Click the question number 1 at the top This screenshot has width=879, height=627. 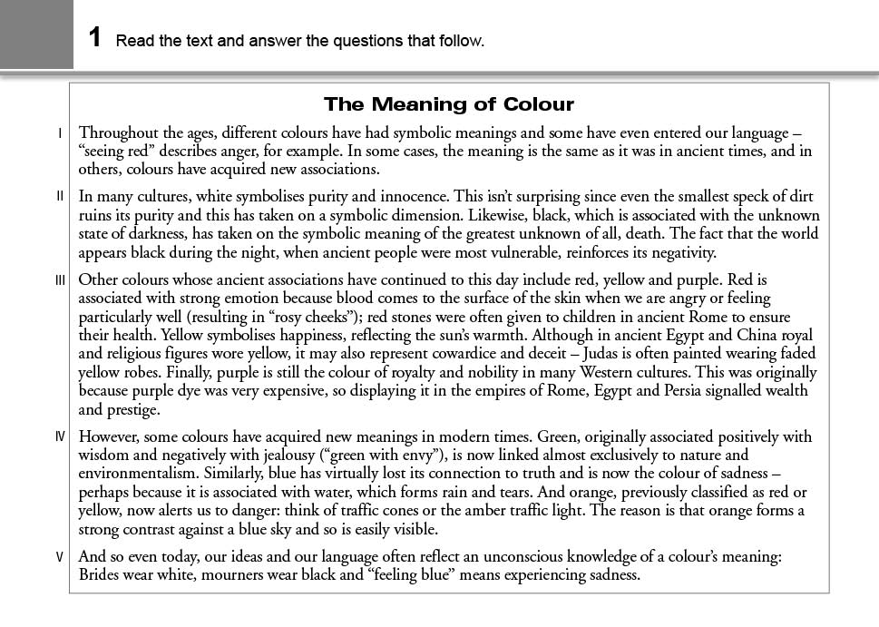[95, 38]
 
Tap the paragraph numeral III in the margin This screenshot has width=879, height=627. [61, 280]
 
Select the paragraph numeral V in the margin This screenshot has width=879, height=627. [61, 556]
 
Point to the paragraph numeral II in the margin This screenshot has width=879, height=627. [61, 196]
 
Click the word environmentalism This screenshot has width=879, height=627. [137, 474]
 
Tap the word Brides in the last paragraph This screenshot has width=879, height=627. [101, 574]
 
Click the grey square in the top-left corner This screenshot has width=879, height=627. [36, 34]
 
